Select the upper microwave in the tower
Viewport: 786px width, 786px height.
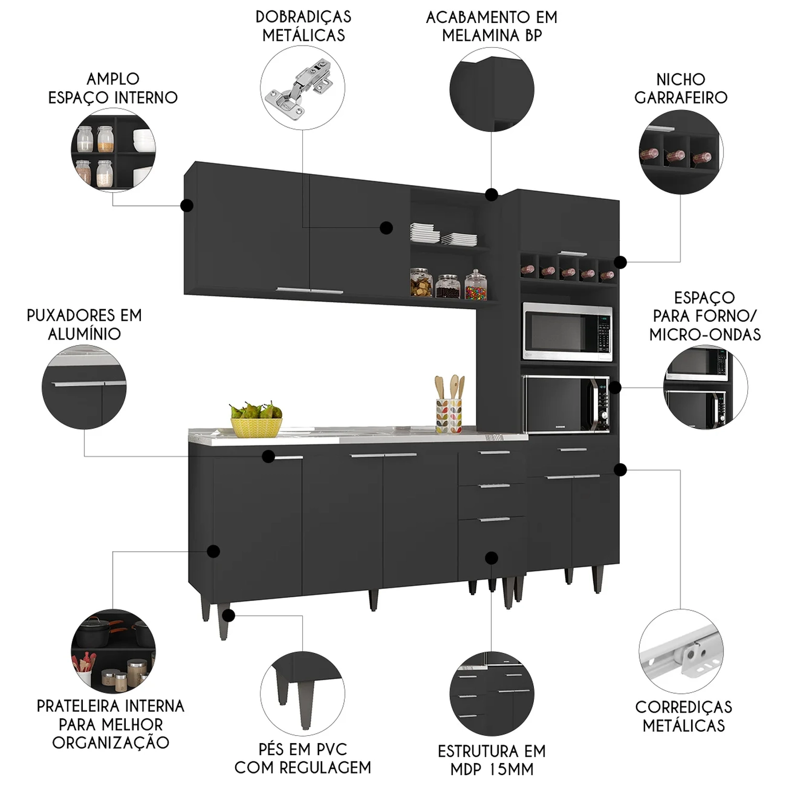567,331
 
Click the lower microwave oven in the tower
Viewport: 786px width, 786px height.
566,405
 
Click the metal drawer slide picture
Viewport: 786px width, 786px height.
682,652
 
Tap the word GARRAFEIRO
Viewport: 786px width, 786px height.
681,97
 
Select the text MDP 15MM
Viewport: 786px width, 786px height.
492,769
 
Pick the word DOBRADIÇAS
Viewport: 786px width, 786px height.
303,17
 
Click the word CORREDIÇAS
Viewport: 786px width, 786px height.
684,707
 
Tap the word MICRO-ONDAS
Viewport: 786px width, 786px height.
705,334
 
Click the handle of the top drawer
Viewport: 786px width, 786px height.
494,452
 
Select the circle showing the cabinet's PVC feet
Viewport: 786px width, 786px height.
303,694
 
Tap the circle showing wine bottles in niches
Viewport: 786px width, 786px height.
681,152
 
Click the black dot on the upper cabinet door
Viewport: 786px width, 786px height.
386,227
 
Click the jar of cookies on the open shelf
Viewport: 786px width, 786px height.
421,282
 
